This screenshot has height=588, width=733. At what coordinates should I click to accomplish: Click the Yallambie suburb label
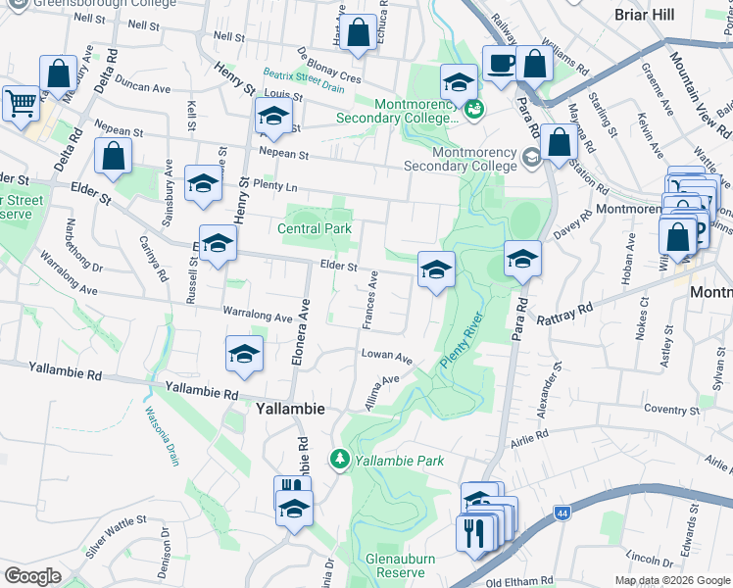click(291, 408)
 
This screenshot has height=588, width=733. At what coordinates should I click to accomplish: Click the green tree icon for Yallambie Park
click(340, 459)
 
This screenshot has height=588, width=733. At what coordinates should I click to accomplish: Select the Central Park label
click(315, 228)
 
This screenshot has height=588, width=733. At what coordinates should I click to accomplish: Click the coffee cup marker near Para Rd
click(501, 64)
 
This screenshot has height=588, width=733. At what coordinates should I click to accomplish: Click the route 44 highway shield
click(562, 513)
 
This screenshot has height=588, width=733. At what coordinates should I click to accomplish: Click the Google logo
click(33, 575)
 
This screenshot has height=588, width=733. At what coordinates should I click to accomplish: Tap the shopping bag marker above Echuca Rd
click(360, 31)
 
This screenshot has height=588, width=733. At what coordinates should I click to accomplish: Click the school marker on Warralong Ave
click(244, 355)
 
